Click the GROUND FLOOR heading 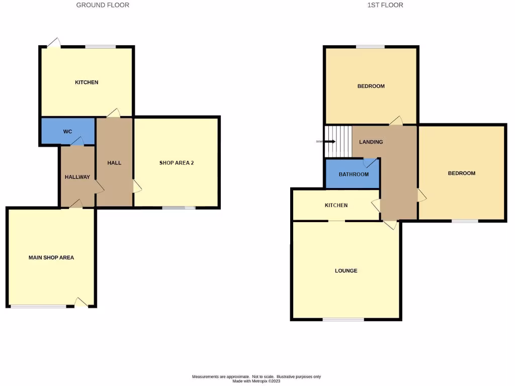coord(103,5)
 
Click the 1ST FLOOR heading coord(385,5)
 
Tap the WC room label coord(68,132)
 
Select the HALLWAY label coord(77,177)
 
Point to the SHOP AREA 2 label coord(177,163)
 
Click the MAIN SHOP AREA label coord(51,258)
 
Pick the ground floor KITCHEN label coord(87,82)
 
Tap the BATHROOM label coord(354,174)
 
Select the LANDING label coord(371,142)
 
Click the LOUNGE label coord(346,271)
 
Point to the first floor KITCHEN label coord(336,206)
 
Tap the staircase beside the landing coord(339,142)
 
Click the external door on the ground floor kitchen coord(54,43)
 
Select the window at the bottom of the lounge coord(344,319)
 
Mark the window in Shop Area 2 coord(179,208)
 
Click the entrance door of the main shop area coord(81,303)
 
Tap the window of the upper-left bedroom coord(371,47)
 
